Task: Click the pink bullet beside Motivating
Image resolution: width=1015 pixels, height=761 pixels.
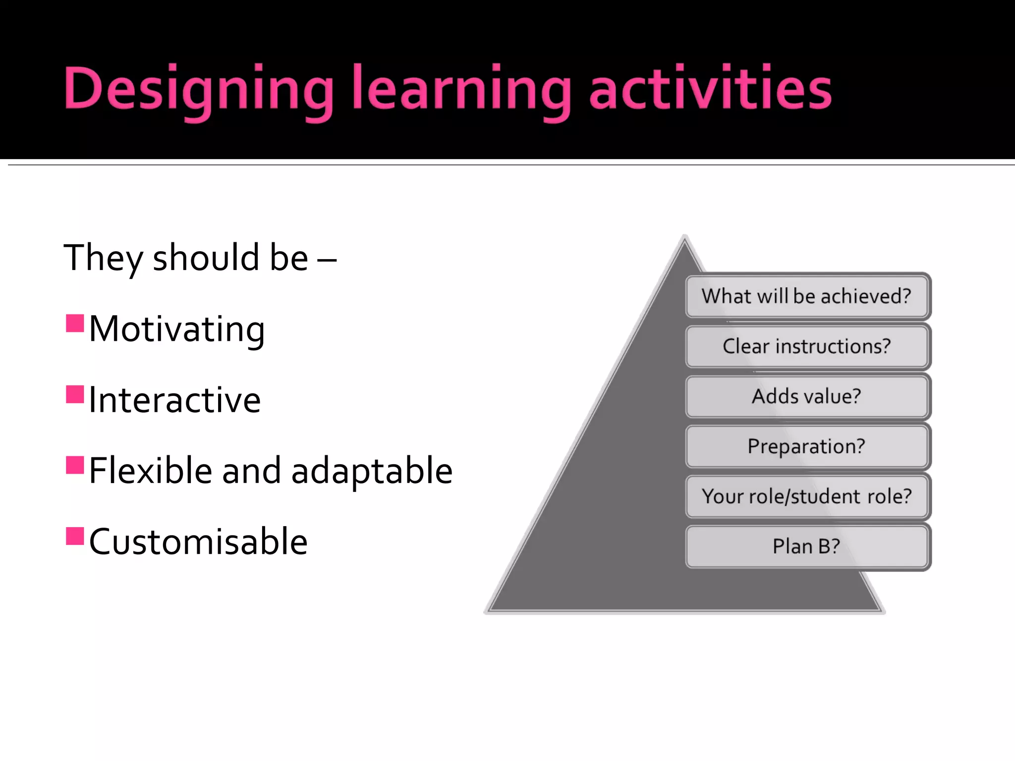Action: (x=75, y=323)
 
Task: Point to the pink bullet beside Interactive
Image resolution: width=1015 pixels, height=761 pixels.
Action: (x=75, y=394)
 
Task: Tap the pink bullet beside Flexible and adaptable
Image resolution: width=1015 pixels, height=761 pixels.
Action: (x=75, y=465)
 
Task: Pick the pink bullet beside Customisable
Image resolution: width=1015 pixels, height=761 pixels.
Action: (x=75, y=536)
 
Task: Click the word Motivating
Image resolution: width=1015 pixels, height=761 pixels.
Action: (x=177, y=329)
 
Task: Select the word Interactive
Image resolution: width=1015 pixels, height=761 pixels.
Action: (x=174, y=400)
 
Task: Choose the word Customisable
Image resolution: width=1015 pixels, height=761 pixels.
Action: (x=198, y=542)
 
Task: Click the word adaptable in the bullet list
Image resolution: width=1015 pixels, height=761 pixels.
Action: (x=372, y=471)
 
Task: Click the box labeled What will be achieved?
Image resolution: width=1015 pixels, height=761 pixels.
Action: (x=806, y=296)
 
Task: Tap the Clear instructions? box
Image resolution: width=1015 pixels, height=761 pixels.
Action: (x=806, y=346)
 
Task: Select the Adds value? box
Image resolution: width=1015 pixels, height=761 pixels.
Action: (x=806, y=396)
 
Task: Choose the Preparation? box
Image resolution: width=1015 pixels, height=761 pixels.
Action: (x=806, y=446)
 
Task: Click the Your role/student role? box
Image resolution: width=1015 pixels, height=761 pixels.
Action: (x=806, y=496)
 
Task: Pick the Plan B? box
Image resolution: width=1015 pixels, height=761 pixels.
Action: (x=806, y=546)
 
